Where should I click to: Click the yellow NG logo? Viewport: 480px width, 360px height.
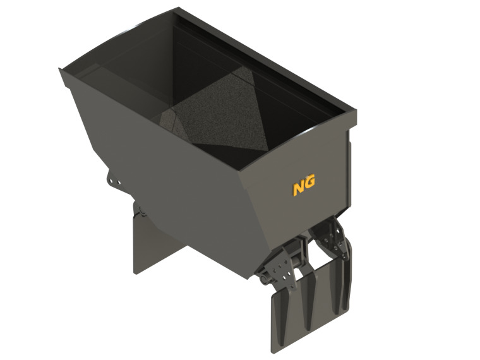pos(304,185)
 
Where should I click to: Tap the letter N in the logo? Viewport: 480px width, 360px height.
pos(299,187)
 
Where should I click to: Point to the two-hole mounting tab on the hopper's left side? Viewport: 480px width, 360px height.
pos(114,181)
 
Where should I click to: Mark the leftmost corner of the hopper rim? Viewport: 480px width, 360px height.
pos(61,70)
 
